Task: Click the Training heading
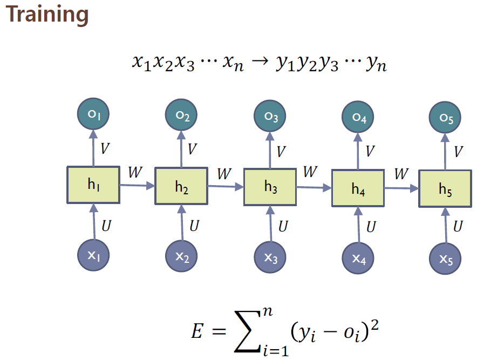tap(47, 15)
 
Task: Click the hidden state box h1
tap(93, 185)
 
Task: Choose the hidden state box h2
tap(181, 187)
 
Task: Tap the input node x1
tap(94, 255)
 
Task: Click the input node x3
tap(271, 257)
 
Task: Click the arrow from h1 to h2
tap(137, 186)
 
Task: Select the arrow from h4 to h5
tap(401, 189)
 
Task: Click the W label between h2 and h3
tap(224, 173)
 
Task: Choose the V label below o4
tap(370, 151)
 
